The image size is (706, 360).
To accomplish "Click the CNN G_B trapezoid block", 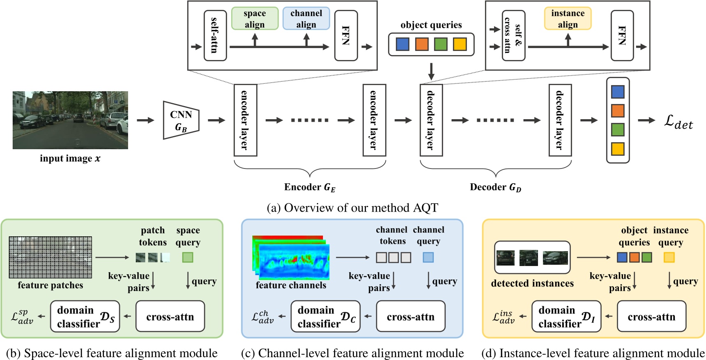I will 181,120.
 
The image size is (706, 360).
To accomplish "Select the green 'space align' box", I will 255,18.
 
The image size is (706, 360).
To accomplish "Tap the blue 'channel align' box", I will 306,18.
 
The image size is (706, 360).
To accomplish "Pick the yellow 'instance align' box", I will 568,18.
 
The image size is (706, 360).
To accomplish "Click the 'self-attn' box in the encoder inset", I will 215,35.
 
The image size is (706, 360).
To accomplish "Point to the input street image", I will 70,120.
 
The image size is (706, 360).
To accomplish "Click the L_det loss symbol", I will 678,122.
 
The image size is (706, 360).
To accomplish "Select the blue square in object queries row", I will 402,44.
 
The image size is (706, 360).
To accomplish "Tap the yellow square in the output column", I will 617,149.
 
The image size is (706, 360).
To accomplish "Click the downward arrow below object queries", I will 431,72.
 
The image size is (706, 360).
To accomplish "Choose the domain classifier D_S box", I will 85,316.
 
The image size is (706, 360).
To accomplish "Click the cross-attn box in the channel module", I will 410,316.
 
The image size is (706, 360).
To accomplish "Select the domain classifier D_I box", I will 566,316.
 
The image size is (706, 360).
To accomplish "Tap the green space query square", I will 188,257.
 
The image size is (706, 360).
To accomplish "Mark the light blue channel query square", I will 428,257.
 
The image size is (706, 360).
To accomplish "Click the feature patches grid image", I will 51,257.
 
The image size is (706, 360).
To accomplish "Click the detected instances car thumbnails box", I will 532,258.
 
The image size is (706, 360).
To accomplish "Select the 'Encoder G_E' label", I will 310,187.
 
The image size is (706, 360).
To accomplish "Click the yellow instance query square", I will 669,257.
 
